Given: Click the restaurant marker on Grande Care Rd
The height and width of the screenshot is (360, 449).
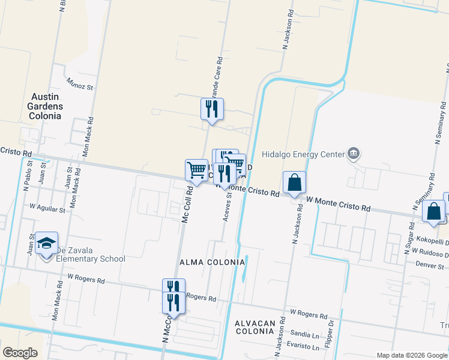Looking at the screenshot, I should point(212,109).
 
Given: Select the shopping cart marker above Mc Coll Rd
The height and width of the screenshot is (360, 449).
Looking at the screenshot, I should point(196,170).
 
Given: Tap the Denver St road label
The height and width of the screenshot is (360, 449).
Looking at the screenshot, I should point(431,265).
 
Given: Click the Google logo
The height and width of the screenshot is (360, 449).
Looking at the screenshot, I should point(20,353).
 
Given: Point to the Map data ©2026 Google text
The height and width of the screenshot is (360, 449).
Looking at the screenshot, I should point(411,355).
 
